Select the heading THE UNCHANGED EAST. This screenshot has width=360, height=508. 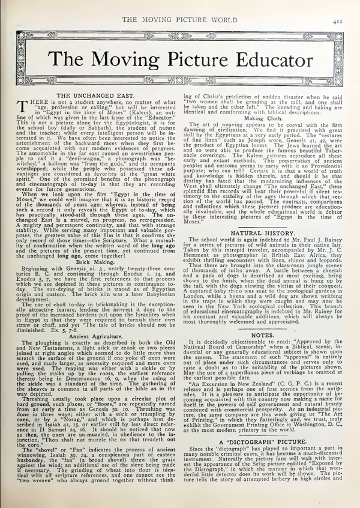(98, 95)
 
